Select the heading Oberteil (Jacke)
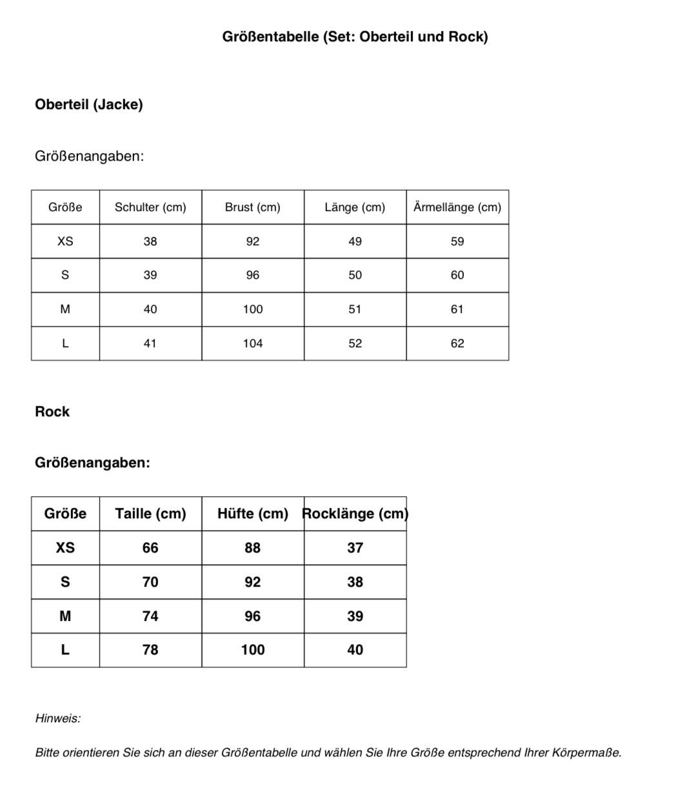point(89,105)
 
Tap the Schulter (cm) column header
point(150,207)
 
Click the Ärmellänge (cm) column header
point(457,207)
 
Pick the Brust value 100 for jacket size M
point(253,309)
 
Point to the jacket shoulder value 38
point(150,241)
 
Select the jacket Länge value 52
point(355,343)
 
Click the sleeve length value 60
point(457,275)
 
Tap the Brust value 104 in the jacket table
point(253,343)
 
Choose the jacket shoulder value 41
point(150,343)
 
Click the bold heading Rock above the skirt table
point(52,412)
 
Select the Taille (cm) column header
point(150,514)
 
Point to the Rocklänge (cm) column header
point(355,514)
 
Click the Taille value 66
point(150,548)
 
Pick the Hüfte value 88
point(253,548)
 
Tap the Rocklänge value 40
point(355,650)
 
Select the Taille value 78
point(150,650)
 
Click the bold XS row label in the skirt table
point(65,548)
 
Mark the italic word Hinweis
point(58,718)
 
